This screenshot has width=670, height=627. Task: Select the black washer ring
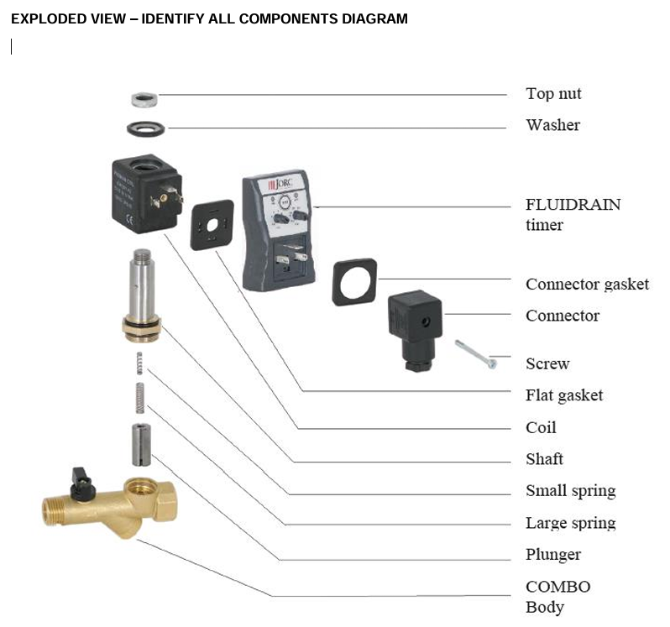point(144,130)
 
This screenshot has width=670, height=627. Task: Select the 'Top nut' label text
point(553,94)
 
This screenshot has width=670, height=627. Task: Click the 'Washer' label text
point(552,125)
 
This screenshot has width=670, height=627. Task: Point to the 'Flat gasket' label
point(563,395)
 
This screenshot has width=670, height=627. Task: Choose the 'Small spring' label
point(570,491)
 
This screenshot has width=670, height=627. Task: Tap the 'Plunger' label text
point(552,555)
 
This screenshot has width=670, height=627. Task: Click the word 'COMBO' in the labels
point(557,587)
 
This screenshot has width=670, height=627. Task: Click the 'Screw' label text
point(547,363)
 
